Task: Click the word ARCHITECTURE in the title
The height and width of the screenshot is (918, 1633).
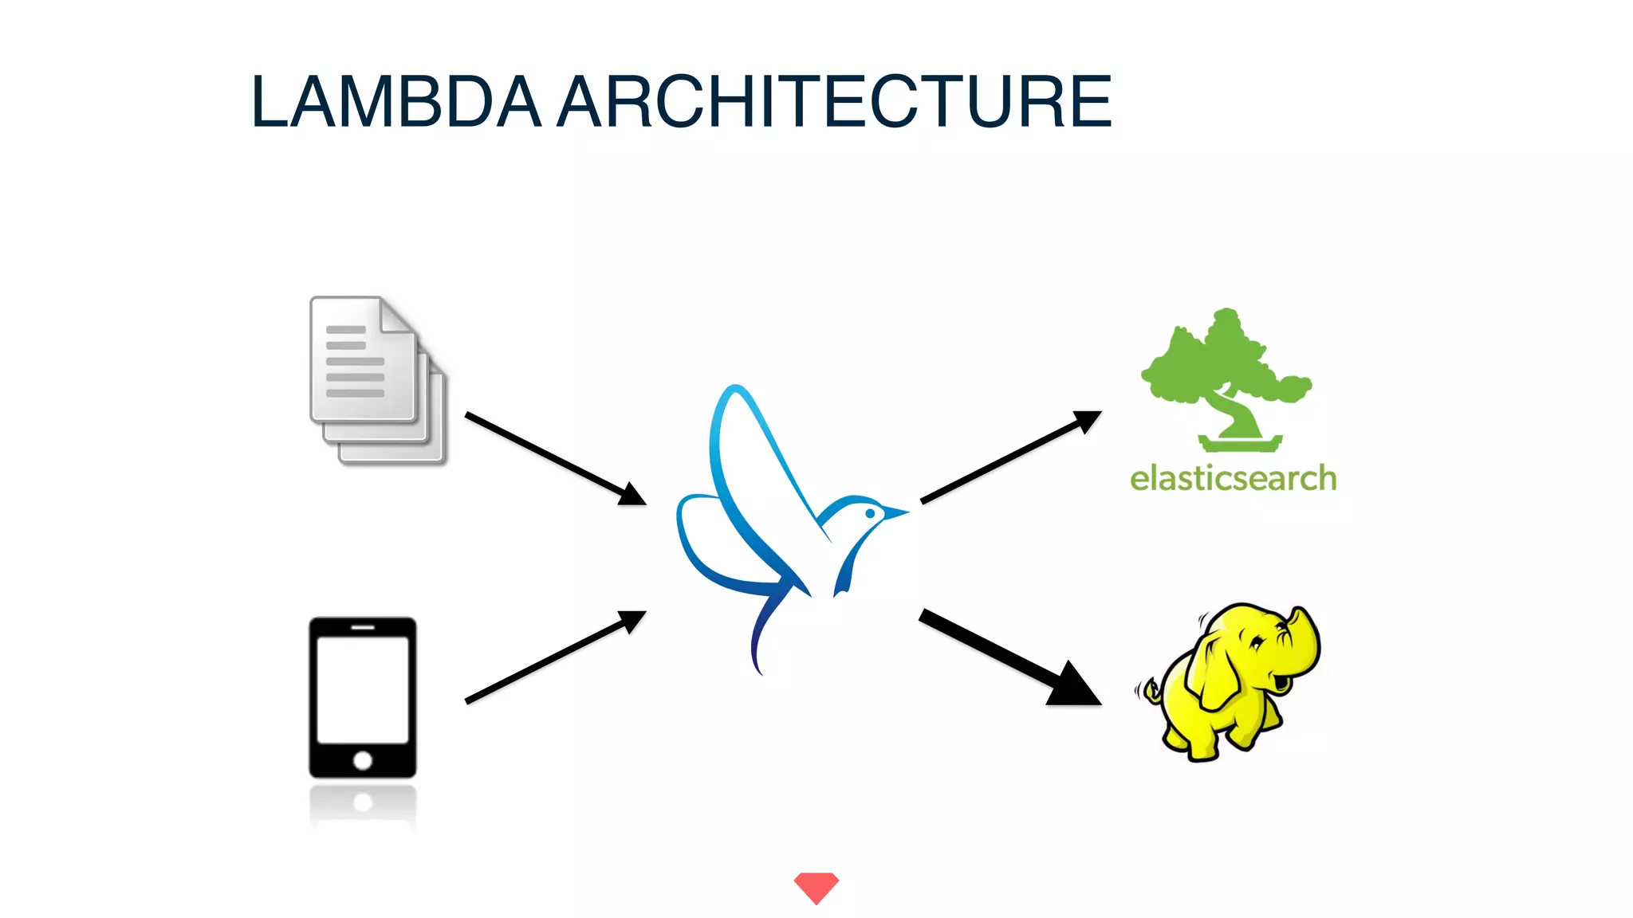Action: point(834,101)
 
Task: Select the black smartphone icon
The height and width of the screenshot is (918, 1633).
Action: point(363,697)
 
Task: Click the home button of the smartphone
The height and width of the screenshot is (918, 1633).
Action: point(363,760)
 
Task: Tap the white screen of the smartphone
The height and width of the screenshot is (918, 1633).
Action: point(363,689)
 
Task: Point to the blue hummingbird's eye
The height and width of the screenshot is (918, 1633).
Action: point(870,514)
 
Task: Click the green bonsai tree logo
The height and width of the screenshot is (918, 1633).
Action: point(1225,375)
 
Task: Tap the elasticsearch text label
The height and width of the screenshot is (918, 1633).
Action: point(1233,479)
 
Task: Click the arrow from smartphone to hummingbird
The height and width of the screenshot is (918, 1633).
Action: point(555,657)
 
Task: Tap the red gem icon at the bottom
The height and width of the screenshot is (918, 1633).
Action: point(816,887)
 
